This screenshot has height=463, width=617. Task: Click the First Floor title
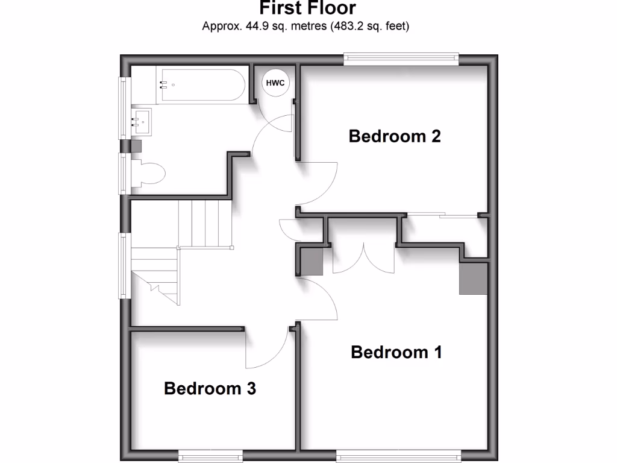click(307, 8)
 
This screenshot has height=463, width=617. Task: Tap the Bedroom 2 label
click(395, 136)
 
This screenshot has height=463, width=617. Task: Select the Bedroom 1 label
click(396, 352)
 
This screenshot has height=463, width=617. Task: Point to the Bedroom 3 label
click(210, 388)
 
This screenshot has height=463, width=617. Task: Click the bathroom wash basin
click(142, 122)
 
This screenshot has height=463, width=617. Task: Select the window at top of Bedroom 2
click(401, 58)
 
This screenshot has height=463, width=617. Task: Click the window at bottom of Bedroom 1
click(398, 455)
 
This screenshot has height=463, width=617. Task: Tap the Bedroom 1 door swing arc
click(322, 299)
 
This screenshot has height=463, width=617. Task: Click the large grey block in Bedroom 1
click(474, 278)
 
